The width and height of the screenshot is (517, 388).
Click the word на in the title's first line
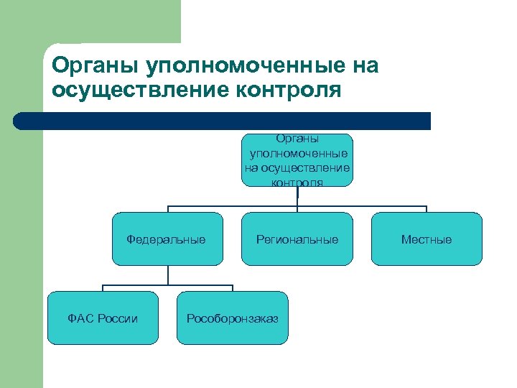point(363,67)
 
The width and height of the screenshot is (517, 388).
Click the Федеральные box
point(167,239)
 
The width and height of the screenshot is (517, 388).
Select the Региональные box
point(297,239)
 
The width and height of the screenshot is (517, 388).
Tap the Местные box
point(427,239)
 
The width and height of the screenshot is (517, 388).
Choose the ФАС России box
point(103,318)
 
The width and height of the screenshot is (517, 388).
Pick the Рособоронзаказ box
point(232,318)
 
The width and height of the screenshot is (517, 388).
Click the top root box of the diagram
point(297,160)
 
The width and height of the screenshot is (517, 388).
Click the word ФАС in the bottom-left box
point(79,318)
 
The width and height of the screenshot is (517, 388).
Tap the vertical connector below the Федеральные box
point(168,275)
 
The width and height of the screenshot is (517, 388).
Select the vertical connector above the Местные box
point(427,209)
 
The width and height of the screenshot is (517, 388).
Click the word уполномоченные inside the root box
point(298,154)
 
